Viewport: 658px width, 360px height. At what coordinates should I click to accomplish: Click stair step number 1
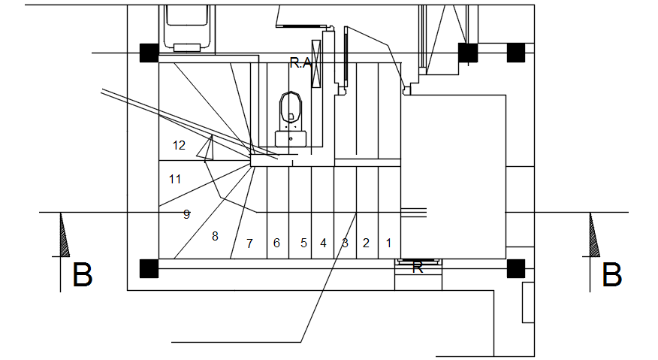pyautogui.click(x=388, y=243)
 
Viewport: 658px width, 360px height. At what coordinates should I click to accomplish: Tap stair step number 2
pyautogui.click(x=366, y=243)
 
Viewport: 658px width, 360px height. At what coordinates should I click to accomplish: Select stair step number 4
pyautogui.click(x=323, y=243)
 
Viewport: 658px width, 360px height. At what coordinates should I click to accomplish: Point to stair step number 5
pyautogui.click(x=303, y=243)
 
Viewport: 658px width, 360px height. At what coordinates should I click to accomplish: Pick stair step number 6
pyautogui.click(x=276, y=243)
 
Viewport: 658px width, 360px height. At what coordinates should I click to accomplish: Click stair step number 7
pyautogui.click(x=249, y=244)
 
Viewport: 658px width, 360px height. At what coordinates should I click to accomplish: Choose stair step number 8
pyautogui.click(x=215, y=236)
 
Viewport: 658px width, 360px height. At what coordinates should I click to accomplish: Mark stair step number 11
pyautogui.click(x=175, y=179)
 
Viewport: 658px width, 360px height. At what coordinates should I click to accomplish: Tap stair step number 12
pyautogui.click(x=179, y=145)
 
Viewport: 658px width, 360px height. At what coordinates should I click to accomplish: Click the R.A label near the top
pyautogui.click(x=300, y=64)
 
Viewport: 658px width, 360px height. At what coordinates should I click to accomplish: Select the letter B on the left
pyautogui.click(x=82, y=275)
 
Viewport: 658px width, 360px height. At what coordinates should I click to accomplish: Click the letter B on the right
pyautogui.click(x=612, y=275)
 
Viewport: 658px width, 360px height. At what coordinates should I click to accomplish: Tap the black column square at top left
pyautogui.click(x=149, y=53)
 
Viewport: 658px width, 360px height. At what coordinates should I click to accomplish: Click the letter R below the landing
pyautogui.click(x=418, y=268)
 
